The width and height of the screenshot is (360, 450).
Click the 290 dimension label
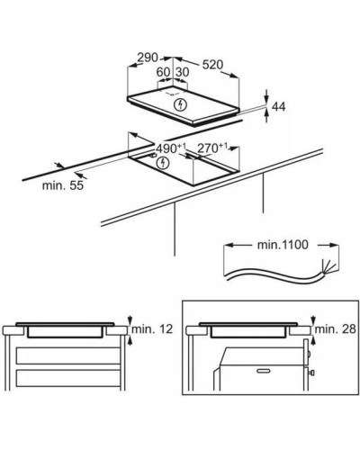coord(148,58)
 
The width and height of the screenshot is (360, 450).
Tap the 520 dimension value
coord(213,65)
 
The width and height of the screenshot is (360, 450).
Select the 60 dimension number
coord(164,72)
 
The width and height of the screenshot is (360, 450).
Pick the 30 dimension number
coord(182,72)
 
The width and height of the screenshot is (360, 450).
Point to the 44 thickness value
coord(279,106)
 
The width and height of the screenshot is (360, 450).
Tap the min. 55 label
coord(63,185)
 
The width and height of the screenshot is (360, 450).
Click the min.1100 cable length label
coord(283,245)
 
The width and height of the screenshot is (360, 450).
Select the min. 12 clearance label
coord(152,329)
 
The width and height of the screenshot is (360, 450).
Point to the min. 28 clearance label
coord(336,329)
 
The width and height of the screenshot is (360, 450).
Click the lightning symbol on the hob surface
coord(181,104)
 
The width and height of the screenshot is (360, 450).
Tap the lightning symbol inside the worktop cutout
coord(163,163)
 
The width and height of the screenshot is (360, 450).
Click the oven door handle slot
coord(264,371)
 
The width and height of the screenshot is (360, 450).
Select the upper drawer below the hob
coord(68,355)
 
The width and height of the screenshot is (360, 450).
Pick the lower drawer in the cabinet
coord(68,378)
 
